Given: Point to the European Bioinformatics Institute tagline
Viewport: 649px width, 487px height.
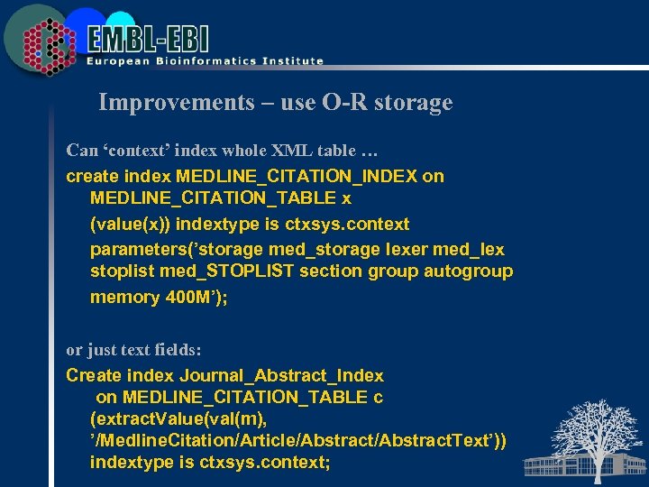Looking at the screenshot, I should pos(205,61).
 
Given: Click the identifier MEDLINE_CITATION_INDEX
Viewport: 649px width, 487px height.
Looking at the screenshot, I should pos(297,176).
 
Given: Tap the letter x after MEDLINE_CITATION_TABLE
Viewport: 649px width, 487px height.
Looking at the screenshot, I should pos(346,198).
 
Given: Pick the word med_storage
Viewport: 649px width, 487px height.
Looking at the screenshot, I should pos(339,248).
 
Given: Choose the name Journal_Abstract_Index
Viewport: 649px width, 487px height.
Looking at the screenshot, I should pos(281,375).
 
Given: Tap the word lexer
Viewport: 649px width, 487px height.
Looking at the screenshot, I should pos(407,248).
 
